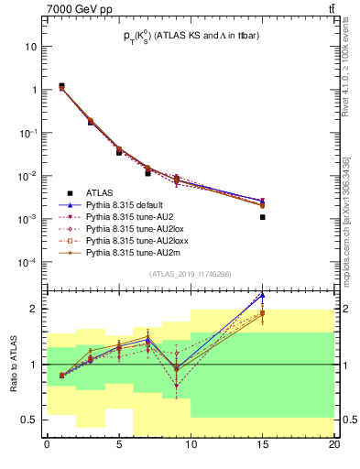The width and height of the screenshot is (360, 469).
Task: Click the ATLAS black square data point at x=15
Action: (x=262, y=217)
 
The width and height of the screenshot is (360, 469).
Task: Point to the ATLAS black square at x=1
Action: (x=61, y=86)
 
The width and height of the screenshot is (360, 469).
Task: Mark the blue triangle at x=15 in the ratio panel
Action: (x=262, y=295)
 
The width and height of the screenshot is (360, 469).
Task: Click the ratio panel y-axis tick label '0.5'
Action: (x=28, y=420)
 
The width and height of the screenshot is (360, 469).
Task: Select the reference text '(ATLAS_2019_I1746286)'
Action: (x=190, y=274)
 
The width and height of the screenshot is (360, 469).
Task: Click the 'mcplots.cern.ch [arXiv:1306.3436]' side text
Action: (x=344, y=211)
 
